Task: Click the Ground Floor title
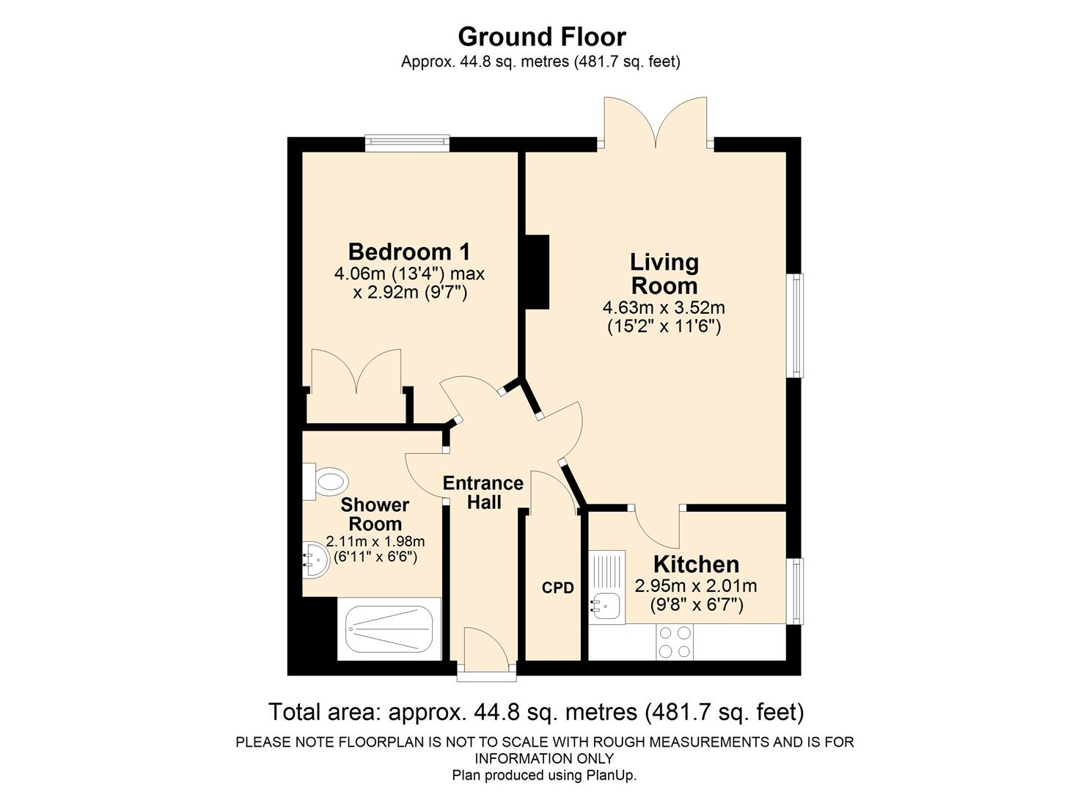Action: pyautogui.click(x=542, y=37)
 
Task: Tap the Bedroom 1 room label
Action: pyautogui.click(x=408, y=252)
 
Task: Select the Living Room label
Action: pyautogui.click(x=664, y=274)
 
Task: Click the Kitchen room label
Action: pyautogui.click(x=695, y=565)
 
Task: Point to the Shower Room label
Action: pyautogui.click(x=375, y=514)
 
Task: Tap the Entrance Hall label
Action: pyautogui.click(x=483, y=493)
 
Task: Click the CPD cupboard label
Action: pyautogui.click(x=557, y=588)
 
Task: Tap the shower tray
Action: pyautogui.click(x=389, y=628)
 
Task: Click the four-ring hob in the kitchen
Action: pyautogui.click(x=674, y=642)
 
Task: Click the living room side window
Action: pyautogui.click(x=795, y=326)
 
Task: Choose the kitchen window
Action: pyautogui.click(x=795, y=591)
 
